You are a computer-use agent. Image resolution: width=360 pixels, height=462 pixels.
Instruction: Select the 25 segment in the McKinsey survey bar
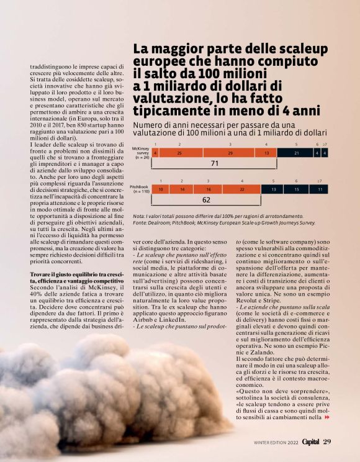click(x=179, y=153)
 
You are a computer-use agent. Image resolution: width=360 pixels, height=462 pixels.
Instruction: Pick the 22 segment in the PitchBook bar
click(x=242, y=189)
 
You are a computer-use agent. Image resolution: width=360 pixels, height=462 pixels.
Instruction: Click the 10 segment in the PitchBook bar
click(x=161, y=189)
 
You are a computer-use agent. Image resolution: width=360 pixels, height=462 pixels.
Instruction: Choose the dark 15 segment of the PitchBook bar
click(x=296, y=189)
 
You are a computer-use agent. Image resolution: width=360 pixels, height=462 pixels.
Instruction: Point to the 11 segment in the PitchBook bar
click(x=320, y=189)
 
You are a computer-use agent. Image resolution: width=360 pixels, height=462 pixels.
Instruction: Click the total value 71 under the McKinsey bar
click(x=215, y=164)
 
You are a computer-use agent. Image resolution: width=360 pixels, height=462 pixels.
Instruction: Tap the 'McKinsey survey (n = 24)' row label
click(x=142, y=153)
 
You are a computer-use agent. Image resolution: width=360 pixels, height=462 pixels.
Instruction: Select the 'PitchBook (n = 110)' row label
click(x=140, y=189)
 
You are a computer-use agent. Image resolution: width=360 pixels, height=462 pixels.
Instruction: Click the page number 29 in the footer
click(x=328, y=442)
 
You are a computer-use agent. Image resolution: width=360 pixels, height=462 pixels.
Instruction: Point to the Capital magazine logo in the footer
click(x=306, y=442)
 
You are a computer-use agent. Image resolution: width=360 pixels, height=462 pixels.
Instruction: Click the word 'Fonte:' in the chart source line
click(x=141, y=222)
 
